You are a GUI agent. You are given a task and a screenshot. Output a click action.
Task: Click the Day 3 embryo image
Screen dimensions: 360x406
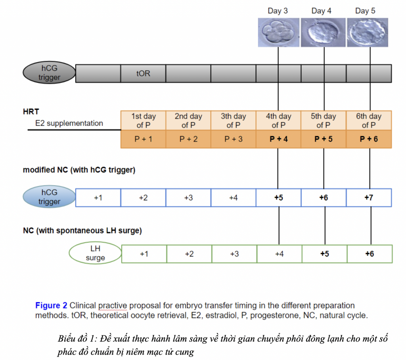[x=278, y=32]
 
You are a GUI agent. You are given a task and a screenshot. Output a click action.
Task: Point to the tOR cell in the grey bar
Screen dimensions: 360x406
[x=143, y=74]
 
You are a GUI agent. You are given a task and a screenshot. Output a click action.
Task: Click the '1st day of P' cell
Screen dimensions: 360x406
[x=143, y=121]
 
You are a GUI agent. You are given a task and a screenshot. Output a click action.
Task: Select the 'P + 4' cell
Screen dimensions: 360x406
[x=278, y=139]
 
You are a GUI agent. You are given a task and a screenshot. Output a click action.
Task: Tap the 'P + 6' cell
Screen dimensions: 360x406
[x=369, y=139]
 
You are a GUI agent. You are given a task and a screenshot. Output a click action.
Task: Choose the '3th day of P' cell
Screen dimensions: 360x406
[x=233, y=121]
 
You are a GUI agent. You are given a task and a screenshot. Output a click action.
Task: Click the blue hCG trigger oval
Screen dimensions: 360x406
[x=49, y=197]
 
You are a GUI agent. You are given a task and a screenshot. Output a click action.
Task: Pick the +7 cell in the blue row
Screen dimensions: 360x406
[x=369, y=197]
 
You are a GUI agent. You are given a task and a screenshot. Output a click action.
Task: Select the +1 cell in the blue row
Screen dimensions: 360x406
[x=98, y=197]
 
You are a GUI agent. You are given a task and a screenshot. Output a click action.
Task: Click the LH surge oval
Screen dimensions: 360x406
[x=95, y=253]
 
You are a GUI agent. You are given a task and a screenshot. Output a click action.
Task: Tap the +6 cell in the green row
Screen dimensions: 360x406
[x=370, y=254]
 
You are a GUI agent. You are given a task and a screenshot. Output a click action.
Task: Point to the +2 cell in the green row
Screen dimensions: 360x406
[x=189, y=254]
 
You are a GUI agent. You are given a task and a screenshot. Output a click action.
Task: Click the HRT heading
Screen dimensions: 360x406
[x=31, y=112]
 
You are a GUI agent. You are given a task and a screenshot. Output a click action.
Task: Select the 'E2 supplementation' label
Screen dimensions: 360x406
[x=69, y=123]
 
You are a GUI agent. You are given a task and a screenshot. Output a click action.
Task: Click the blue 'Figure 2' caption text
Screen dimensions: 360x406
[x=51, y=306]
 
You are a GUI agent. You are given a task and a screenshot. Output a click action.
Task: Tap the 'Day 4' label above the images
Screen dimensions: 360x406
[x=321, y=11]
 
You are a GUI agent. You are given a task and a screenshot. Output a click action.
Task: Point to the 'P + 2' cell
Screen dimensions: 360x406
[x=188, y=139]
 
